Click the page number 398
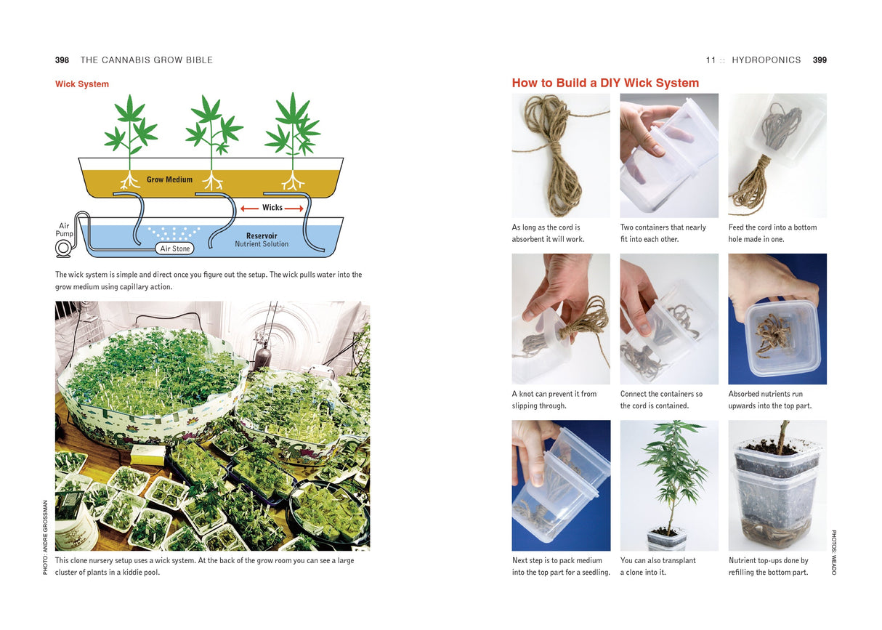pyautogui.click(x=62, y=60)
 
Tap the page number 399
pyautogui.click(x=820, y=60)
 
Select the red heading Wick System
pyautogui.click(x=82, y=84)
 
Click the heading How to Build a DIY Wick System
pyautogui.click(x=605, y=83)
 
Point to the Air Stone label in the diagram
pyautogui.click(x=175, y=249)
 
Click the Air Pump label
pyautogui.click(x=65, y=230)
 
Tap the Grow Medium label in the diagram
pyautogui.click(x=169, y=179)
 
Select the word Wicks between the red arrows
pyautogui.click(x=272, y=208)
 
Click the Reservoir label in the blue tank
pyautogui.click(x=262, y=236)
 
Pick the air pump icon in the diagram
pyautogui.click(x=63, y=249)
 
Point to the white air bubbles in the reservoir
pyautogui.click(x=173, y=233)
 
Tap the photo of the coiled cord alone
pyautogui.click(x=560, y=156)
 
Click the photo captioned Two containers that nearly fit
pyautogui.click(x=669, y=156)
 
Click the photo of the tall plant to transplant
pyautogui.click(x=669, y=485)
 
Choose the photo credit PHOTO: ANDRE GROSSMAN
pyautogui.click(x=45, y=537)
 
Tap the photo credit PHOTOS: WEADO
pyautogui.click(x=833, y=552)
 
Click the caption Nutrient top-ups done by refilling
pyautogui.click(x=769, y=566)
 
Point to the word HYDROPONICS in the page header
pyautogui.click(x=766, y=60)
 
